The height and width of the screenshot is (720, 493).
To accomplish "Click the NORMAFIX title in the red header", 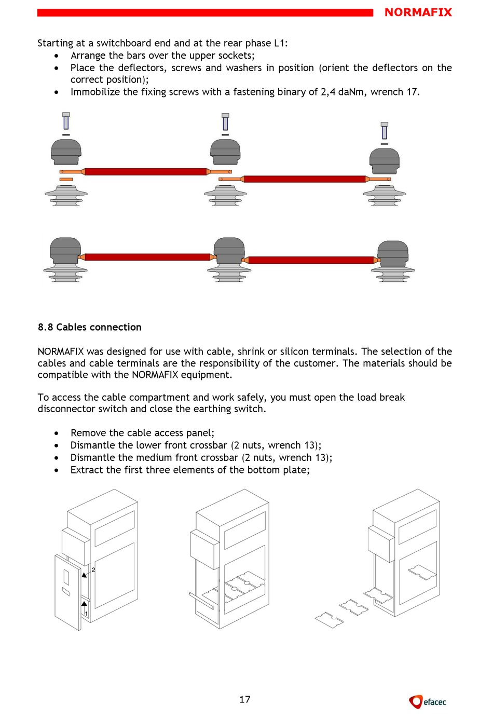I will pyautogui.click(x=418, y=12).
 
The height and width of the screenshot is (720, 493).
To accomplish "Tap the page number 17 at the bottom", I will pyautogui.click(x=245, y=699).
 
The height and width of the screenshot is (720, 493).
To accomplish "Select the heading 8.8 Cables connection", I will pyautogui.click(x=90, y=327).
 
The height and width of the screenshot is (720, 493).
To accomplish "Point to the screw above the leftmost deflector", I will pyautogui.click(x=66, y=121).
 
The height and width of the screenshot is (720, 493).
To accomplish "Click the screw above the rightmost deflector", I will pyautogui.click(x=384, y=131).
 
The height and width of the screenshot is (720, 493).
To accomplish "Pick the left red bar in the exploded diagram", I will pyautogui.click(x=145, y=172).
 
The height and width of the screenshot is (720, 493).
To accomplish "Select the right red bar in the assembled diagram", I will pyautogui.click(x=311, y=260).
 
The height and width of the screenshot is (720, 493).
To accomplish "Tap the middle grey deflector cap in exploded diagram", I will pyautogui.click(x=225, y=152).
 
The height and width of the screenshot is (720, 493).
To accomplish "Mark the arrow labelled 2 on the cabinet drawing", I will pyautogui.click(x=84, y=575).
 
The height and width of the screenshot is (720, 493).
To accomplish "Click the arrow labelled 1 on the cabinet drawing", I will pyautogui.click(x=84, y=605).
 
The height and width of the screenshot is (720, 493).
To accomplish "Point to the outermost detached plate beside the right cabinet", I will pyautogui.click(x=329, y=620).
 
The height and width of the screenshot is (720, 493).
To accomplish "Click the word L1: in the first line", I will pyautogui.click(x=280, y=43).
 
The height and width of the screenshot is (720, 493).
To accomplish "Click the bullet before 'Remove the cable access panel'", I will pyautogui.click(x=57, y=433).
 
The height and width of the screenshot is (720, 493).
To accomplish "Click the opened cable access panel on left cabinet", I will pyautogui.click(x=67, y=592).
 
